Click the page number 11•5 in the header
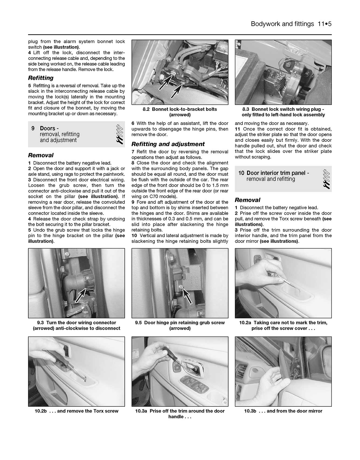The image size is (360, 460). [x=324, y=24]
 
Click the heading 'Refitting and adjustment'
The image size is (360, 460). [x=168, y=144]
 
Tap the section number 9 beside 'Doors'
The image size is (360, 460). [x=33, y=129]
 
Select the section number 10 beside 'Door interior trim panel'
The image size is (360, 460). [x=241, y=173]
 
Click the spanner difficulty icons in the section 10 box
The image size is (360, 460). [x=327, y=179]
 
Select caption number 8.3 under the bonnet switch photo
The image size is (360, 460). [x=245, y=109]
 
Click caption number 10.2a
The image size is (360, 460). [x=245, y=323]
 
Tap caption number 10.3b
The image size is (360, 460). [x=250, y=411]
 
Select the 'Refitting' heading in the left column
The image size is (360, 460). [x=41, y=78]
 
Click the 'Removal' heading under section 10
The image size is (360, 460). [x=247, y=200]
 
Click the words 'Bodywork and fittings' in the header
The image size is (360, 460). [x=282, y=24]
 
